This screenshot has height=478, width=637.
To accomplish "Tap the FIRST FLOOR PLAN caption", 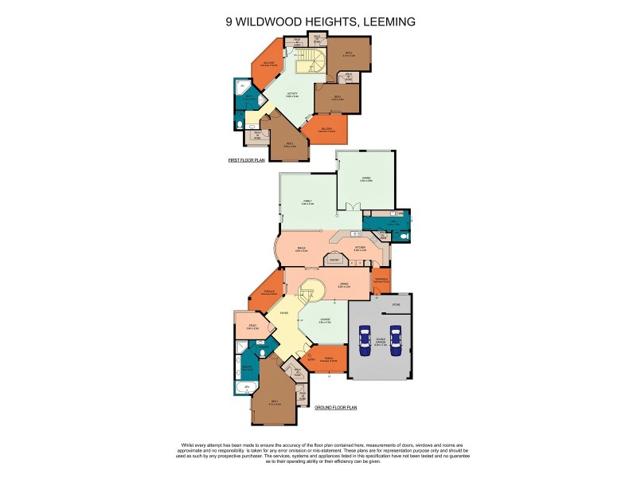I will (x=246, y=161).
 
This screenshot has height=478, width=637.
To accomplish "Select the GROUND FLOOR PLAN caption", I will (x=335, y=407).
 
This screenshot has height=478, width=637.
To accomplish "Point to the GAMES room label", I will (x=365, y=179).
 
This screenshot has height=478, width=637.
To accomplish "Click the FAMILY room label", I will (x=307, y=202).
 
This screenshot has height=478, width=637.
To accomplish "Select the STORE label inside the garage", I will (x=397, y=304).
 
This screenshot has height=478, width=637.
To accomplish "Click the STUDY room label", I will (x=251, y=326).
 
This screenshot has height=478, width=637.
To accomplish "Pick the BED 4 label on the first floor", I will (x=347, y=53).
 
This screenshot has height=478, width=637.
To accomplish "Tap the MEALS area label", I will (x=302, y=249).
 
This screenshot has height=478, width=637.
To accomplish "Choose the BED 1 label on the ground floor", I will (x=274, y=401).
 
